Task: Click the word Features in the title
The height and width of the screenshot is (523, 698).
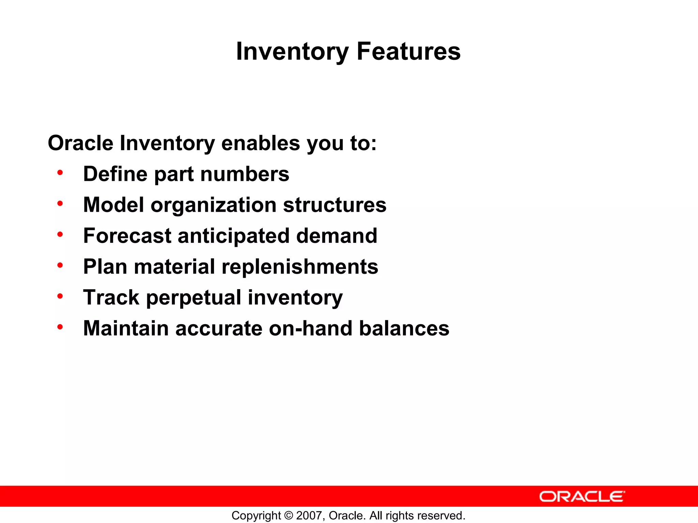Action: pos(408,51)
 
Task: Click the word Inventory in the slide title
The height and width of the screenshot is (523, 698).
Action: pos(292,51)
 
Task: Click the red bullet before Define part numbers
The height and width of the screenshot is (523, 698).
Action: pos(60,173)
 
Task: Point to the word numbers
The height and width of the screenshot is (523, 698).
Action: pos(245,174)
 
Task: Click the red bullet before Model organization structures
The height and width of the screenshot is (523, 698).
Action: pos(60,204)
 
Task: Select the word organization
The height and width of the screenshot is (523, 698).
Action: pos(213,205)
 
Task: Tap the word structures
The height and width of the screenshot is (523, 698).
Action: pos(335,205)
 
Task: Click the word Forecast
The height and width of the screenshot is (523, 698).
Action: pos(127,236)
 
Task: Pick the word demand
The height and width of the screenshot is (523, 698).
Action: pos(337,236)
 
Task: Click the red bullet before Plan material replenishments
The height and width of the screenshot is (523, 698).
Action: pos(60,265)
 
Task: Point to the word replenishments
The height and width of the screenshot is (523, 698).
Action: pos(300,267)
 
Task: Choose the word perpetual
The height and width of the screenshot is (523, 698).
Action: pos(194,298)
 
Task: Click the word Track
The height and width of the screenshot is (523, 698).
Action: pos(111,298)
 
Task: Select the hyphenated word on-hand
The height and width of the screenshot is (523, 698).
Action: pos(310,328)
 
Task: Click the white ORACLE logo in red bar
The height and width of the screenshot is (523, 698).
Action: pos(582,496)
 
